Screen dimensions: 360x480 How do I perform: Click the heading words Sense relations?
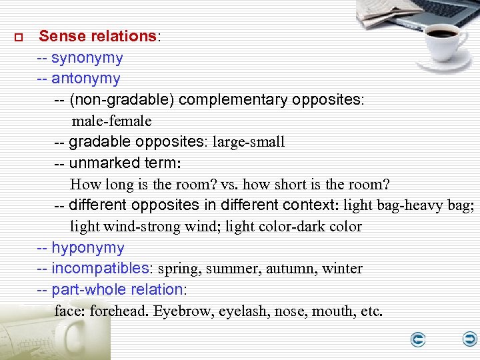[x=97, y=37]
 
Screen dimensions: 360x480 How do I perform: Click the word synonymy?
[x=87, y=58]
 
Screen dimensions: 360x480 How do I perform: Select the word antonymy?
[x=86, y=79]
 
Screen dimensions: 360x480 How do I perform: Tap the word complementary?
[x=233, y=100]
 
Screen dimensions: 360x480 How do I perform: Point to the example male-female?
[x=112, y=121]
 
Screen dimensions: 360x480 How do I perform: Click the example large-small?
[x=249, y=142]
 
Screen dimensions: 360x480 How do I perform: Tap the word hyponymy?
[x=88, y=248]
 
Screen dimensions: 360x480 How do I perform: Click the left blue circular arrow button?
[x=418, y=340]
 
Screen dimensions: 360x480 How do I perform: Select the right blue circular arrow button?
[x=470, y=340]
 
